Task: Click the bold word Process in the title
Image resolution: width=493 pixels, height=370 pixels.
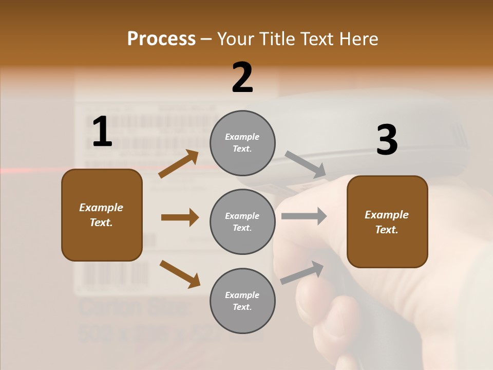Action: [x=161, y=39]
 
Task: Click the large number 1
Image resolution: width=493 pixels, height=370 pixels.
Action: [x=102, y=132]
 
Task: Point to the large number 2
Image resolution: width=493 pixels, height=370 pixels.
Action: [x=242, y=78]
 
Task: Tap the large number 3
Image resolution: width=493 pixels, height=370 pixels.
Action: [x=387, y=140]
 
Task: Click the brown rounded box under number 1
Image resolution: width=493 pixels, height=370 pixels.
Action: [x=102, y=215]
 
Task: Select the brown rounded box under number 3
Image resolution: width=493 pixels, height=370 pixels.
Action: [x=387, y=221]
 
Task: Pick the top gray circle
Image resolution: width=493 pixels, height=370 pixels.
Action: [x=242, y=143]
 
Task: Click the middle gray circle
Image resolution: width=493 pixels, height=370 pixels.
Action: [x=242, y=221]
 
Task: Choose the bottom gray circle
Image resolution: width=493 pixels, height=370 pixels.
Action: [x=242, y=301]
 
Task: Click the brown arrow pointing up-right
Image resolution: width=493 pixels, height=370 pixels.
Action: [x=179, y=164]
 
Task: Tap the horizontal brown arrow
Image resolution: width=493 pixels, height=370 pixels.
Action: [x=180, y=217]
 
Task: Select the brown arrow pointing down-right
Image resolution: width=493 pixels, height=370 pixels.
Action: [x=180, y=274]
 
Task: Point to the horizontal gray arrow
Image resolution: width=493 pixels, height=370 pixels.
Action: [x=304, y=216]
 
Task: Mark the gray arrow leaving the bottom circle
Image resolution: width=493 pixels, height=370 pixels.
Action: [x=302, y=272]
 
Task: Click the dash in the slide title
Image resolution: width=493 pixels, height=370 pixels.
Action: [x=206, y=39]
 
